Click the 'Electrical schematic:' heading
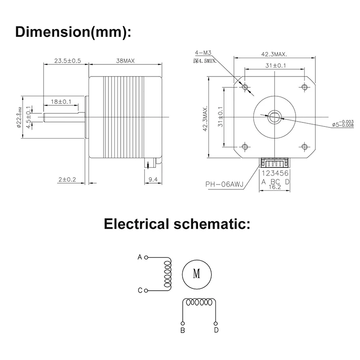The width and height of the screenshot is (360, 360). [176, 223]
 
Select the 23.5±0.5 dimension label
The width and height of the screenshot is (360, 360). [67, 61]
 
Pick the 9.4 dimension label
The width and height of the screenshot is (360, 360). [153, 180]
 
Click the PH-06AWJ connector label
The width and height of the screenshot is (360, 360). [224, 184]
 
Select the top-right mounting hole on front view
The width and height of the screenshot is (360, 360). [305, 86]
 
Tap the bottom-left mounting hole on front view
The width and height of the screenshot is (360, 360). [244, 147]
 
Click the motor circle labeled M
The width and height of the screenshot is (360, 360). [196, 273]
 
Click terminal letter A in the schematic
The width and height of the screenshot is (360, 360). [139, 257]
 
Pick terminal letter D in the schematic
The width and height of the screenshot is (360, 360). [216, 330]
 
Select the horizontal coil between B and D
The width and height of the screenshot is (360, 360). [199, 302]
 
